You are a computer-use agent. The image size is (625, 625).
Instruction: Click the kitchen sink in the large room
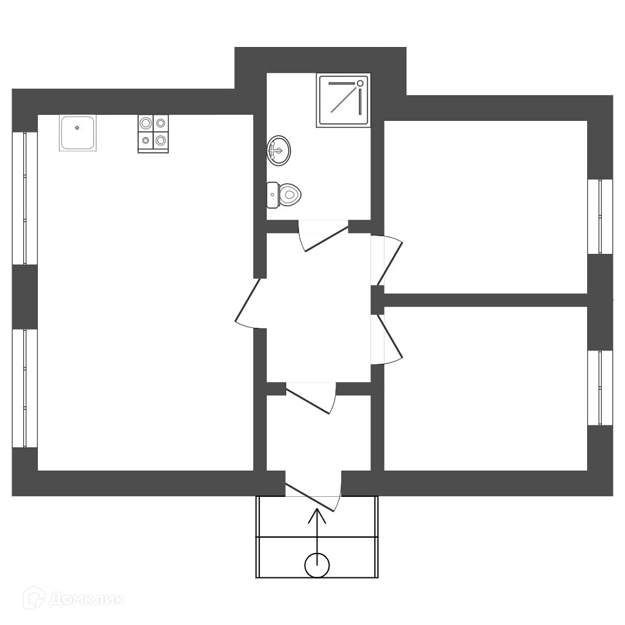tap(78, 132)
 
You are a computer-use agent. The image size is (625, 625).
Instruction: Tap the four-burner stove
tap(153, 134)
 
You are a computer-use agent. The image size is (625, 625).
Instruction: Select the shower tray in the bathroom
tap(344, 100)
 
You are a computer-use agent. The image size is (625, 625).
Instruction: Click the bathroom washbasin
tap(279, 150)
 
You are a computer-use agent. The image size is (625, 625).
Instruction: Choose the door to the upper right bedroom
tap(388, 259)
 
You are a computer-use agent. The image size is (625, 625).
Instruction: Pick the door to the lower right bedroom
tap(387, 339)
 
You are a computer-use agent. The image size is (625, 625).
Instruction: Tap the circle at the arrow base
tap(317, 565)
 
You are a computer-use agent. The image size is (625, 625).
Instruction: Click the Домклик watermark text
tap(85, 599)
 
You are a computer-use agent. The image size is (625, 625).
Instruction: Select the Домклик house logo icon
tap(34, 598)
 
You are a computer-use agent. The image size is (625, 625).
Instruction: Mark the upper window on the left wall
tap(24, 198)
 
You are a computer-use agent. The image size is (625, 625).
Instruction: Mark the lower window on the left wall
tap(24, 388)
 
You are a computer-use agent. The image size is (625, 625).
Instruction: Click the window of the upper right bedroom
tap(601, 216)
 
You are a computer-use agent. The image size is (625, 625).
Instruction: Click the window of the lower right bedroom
tap(601, 388)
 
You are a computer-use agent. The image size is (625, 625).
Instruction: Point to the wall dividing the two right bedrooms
tap(485, 300)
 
